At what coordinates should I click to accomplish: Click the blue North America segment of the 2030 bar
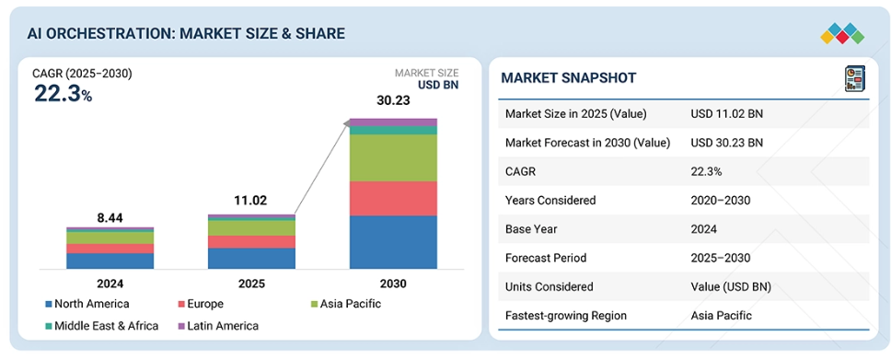point(393,242)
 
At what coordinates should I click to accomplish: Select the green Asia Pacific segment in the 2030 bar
point(393,158)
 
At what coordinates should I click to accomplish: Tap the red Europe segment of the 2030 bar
point(393,199)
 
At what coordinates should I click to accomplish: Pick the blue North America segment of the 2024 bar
point(110,261)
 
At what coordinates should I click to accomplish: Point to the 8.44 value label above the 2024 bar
point(110,218)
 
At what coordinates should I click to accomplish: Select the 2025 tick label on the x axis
point(251,284)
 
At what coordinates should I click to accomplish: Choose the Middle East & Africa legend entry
point(102,326)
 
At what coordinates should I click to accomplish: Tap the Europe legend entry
point(201,304)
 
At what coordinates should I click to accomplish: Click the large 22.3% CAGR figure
point(64,93)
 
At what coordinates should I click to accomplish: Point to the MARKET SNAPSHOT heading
point(568,78)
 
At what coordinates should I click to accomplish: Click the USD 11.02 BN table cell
point(727,114)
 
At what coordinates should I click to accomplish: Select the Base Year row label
point(530,229)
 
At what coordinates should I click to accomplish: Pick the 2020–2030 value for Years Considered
point(720,200)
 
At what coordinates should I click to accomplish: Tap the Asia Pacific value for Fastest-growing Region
point(721,315)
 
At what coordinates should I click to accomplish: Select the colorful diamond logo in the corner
point(843,33)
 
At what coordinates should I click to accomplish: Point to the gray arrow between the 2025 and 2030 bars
point(321,168)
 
